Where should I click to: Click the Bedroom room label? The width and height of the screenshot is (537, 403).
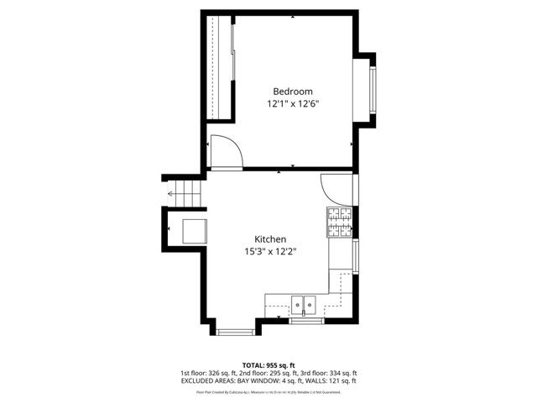click(x=293, y=92)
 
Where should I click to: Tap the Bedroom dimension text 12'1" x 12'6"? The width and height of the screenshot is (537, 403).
click(x=293, y=104)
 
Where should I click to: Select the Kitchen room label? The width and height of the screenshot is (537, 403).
click(x=271, y=239)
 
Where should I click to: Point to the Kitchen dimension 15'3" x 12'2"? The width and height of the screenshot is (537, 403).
click(x=271, y=252)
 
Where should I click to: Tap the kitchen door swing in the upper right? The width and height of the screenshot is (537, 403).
click(x=334, y=187)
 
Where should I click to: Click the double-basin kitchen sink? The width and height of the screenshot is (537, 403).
click(x=303, y=303)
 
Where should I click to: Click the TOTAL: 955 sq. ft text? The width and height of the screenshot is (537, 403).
click(x=268, y=365)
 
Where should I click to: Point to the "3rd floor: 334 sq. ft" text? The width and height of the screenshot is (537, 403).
click(x=329, y=373)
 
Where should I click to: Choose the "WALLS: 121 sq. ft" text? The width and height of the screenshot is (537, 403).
click(x=333, y=380)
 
